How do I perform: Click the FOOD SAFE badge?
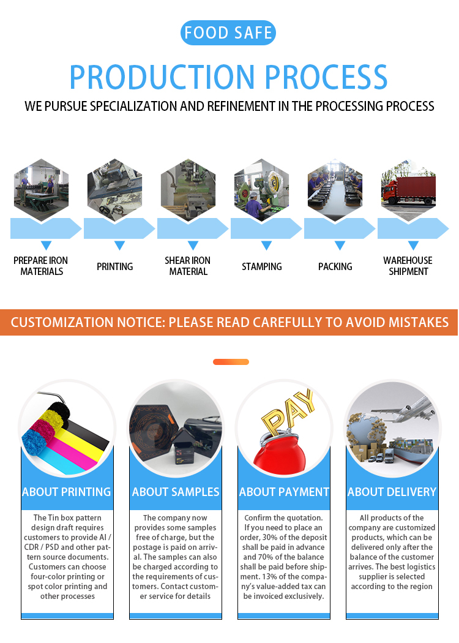point(228,33)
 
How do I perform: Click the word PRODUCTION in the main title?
point(162,77)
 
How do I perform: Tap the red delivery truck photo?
point(409,190)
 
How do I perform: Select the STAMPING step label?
point(262,266)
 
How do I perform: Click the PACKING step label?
point(335,266)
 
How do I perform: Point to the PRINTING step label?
point(115,266)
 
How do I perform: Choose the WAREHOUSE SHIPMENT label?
point(408,266)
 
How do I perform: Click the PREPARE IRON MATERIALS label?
point(41,266)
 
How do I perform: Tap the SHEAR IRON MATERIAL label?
point(188,266)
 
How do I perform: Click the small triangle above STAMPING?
point(266,245)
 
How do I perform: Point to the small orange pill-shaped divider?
point(231,362)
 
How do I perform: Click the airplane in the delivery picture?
point(405,408)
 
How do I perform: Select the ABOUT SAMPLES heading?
point(176,492)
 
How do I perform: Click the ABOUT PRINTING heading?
point(67,492)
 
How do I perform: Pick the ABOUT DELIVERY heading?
point(392,492)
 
